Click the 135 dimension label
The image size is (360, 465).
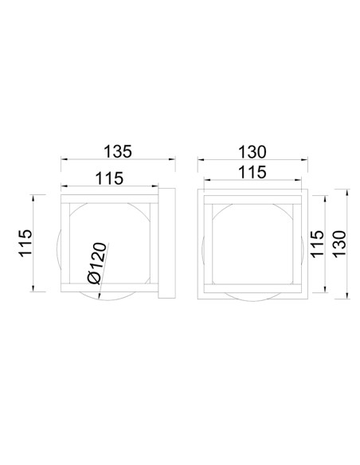pos(117,151)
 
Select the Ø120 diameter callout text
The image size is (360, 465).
pos(97,264)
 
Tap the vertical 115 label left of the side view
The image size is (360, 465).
pos(25,243)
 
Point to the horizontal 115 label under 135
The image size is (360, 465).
pos(109,178)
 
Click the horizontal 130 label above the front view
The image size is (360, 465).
pos(252,152)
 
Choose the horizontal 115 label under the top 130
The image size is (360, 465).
pos(252,172)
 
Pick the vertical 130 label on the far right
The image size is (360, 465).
pos(339,244)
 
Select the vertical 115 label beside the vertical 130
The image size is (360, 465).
pos(316,244)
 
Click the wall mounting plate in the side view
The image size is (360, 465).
pos(166,243)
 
